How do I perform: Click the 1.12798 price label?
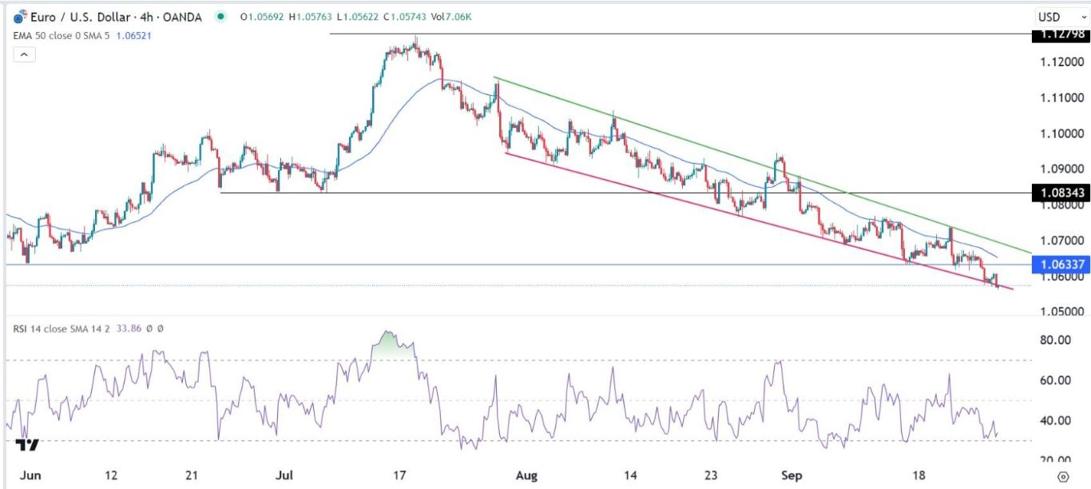tap(1059, 34)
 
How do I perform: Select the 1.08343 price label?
tap(1059, 193)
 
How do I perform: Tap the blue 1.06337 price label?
tap(1059, 264)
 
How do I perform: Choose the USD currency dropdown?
tap(1053, 17)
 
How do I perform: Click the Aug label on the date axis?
tap(527, 475)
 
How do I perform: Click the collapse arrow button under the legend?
tap(24, 54)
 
